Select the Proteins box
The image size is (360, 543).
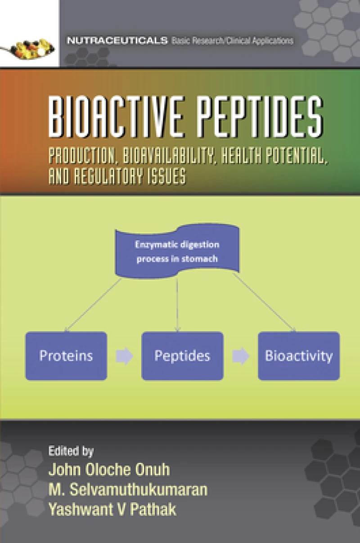tap(66, 356)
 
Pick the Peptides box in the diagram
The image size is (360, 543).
tap(182, 356)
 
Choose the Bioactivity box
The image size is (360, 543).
tap(299, 356)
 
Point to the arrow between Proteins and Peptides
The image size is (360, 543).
tap(124, 356)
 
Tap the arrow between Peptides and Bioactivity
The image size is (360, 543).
tap(241, 356)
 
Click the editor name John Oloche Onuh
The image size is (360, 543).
tap(109, 469)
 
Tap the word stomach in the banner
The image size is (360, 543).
tap(200, 259)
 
